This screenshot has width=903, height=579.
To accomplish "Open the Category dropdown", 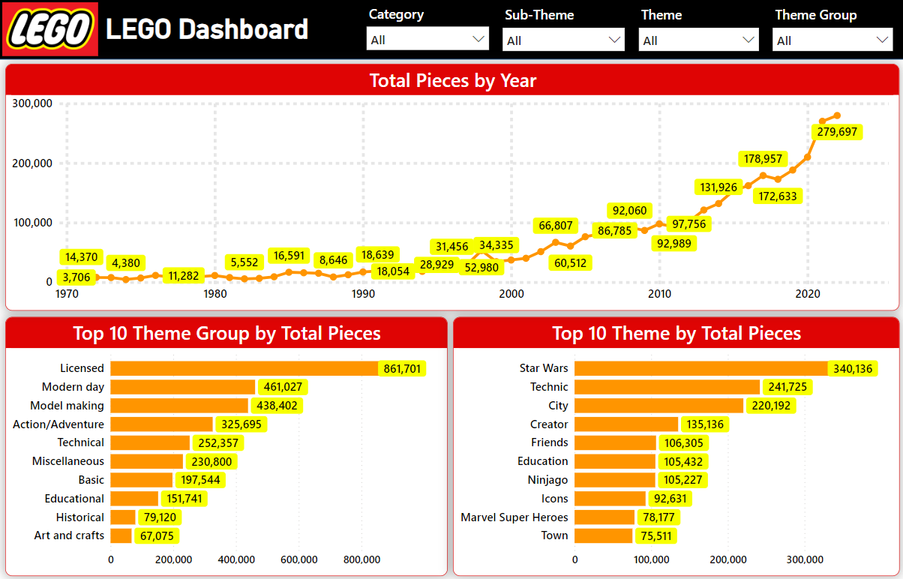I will (427, 40).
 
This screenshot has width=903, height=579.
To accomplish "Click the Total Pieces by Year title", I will (452, 80).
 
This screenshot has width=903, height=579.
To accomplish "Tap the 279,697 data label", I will (837, 132).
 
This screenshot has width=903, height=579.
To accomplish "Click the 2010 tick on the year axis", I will (660, 294).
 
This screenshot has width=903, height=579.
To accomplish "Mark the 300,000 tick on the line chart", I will (33, 103).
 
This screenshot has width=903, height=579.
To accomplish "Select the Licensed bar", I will (244, 368).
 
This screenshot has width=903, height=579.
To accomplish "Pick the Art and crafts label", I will (69, 535).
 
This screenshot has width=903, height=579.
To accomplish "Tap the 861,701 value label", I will (403, 368).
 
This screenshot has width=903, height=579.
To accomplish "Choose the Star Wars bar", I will (700, 368).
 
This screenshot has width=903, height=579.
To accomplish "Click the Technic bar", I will (667, 387).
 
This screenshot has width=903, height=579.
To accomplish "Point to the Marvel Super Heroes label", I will (514, 517).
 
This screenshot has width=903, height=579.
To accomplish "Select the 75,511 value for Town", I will (658, 535).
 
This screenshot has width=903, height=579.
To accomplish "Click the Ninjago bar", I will (615, 480).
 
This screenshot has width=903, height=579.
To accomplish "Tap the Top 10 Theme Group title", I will (226, 334).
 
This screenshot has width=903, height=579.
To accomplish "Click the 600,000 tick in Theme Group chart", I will (298, 559).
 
